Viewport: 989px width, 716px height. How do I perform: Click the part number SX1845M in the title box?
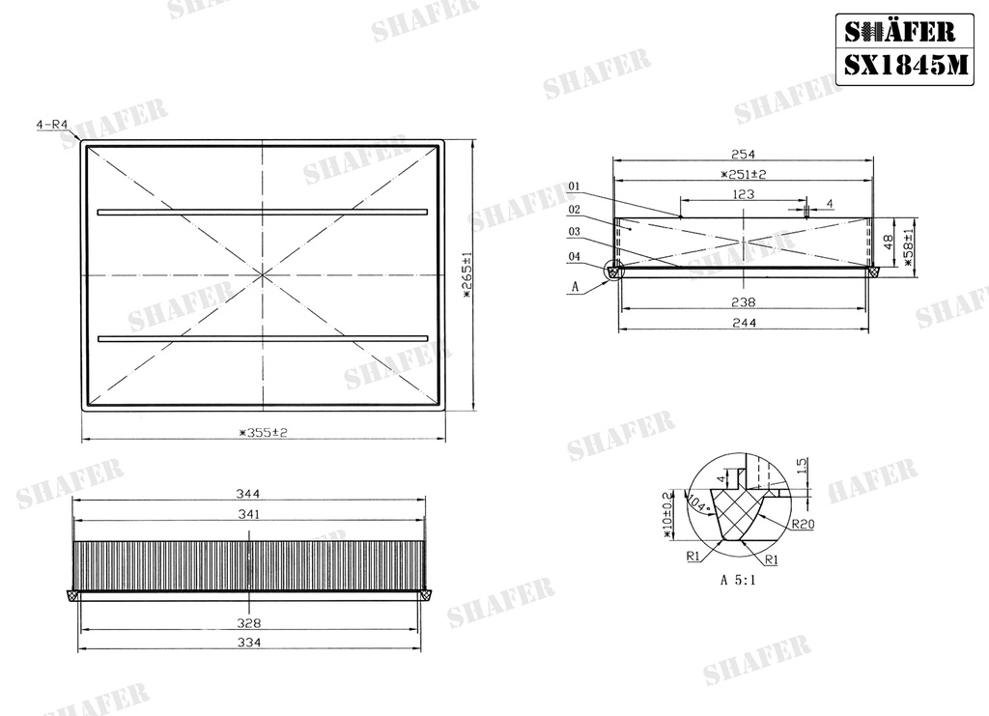(905, 65)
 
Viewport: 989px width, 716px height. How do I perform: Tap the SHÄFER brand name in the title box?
(900, 31)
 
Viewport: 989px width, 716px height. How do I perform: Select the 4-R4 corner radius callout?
(52, 125)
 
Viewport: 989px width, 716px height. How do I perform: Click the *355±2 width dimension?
(263, 433)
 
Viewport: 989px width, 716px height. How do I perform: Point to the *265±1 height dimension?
(467, 274)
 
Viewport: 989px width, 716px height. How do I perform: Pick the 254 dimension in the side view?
(743, 154)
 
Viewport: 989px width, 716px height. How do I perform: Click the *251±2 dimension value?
(743, 174)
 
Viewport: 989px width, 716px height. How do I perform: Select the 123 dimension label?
(744, 194)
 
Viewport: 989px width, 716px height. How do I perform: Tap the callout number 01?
(574, 186)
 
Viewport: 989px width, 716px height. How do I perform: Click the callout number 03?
(574, 232)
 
